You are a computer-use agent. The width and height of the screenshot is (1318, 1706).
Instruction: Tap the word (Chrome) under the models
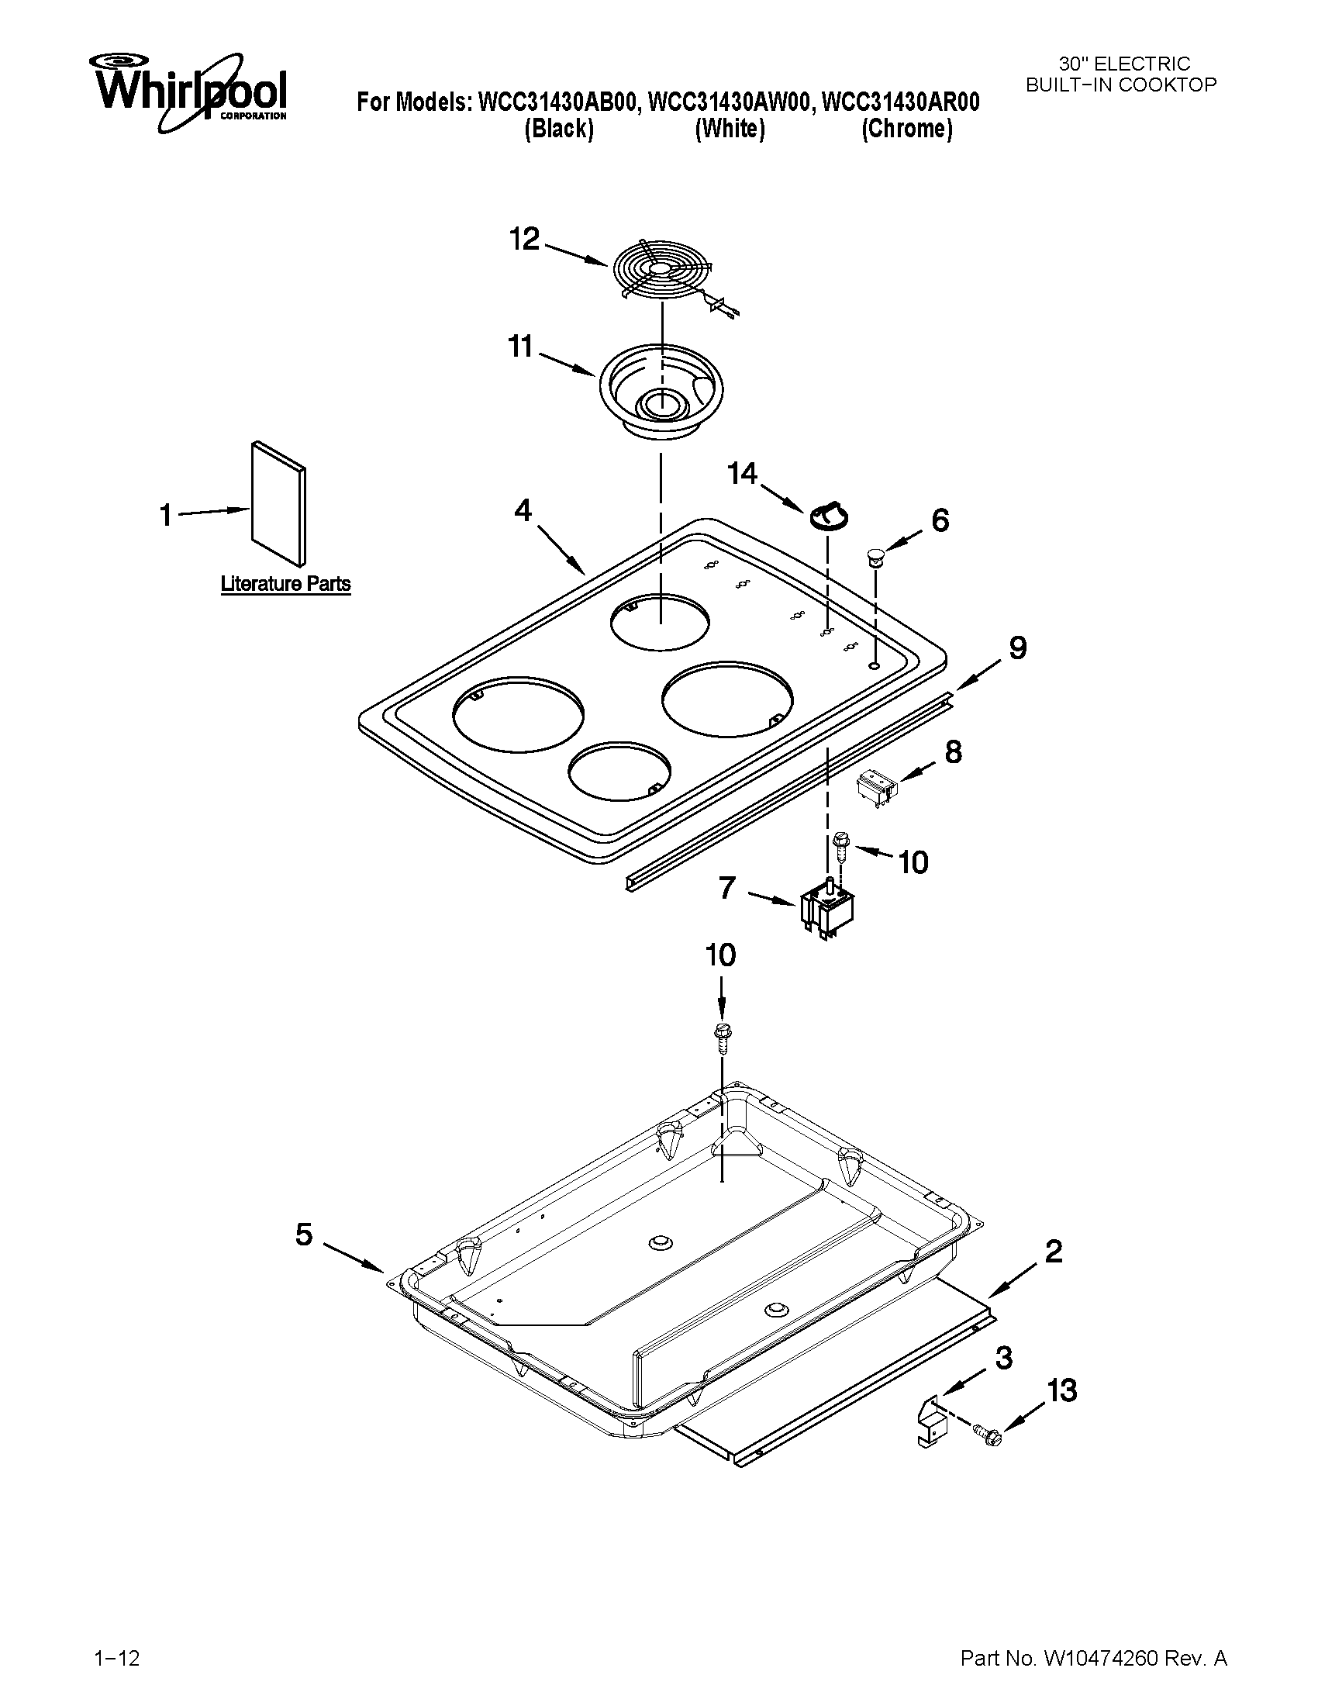pos(906,129)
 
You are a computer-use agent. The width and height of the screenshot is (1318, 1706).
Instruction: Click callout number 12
pos(525,239)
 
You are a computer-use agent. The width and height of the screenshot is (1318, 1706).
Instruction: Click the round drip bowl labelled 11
pos(661,395)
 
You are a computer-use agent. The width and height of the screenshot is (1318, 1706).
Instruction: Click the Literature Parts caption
pos(286,584)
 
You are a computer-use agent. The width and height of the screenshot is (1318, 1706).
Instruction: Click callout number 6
pos(940,520)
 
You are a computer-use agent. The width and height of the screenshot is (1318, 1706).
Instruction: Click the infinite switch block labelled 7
pos(826,910)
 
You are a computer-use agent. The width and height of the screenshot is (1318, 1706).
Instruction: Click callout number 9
pos(1017,648)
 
